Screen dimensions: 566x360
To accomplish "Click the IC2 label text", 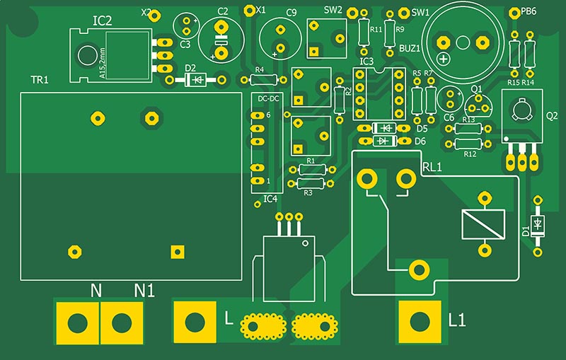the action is (x=103, y=21).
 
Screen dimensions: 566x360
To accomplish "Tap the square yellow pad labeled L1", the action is (x=420, y=322).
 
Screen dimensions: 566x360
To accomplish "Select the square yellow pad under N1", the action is (x=122, y=323).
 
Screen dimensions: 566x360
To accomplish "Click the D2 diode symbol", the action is (x=196, y=80).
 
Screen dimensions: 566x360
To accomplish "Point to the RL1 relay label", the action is (x=432, y=167).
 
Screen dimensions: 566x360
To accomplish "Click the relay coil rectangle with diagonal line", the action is (x=483, y=224).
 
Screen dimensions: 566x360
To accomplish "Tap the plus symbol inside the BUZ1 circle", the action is (x=444, y=59).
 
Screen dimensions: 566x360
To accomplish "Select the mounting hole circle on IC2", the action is (x=87, y=56).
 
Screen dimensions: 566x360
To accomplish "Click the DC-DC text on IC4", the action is (x=269, y=98).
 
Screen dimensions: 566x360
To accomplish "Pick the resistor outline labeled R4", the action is (x=263, y=80).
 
